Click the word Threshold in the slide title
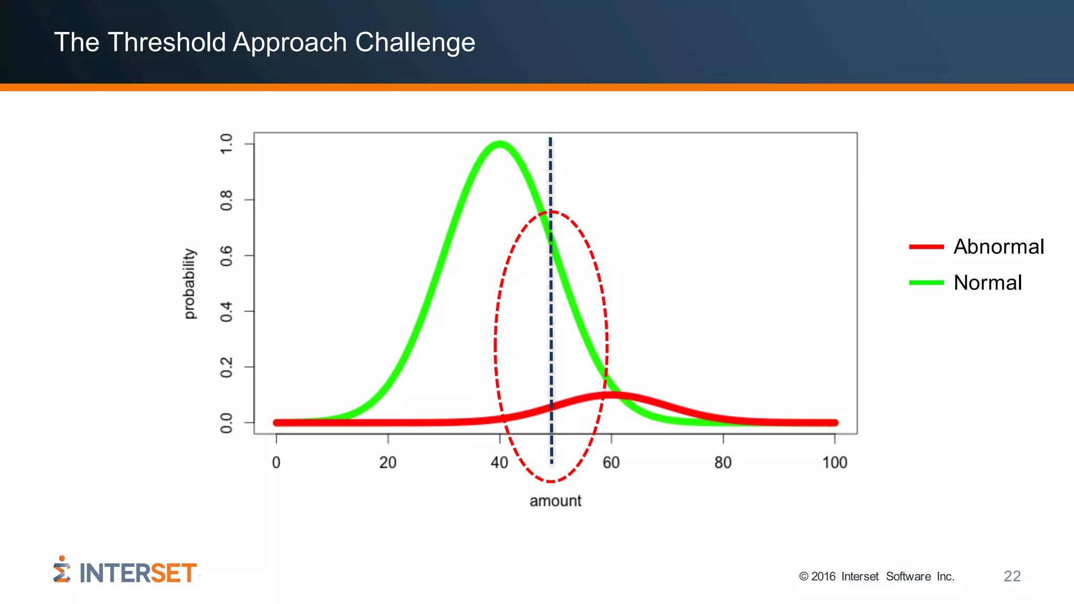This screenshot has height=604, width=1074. (166, 42)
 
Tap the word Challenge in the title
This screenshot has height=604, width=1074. (415, 43)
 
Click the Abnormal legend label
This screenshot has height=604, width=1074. (998, 246)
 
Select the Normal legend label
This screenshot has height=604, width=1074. (987, 283)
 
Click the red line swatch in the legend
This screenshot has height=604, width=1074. (926, 246)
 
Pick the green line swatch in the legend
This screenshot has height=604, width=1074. (926, 283)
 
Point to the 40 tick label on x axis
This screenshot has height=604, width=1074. (499, 462)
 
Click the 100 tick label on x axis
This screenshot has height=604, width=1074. (834, 462)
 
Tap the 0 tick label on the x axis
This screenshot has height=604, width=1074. (276, 462)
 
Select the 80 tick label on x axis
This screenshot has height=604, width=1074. (723, 462)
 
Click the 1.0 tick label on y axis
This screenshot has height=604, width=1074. (226, 144)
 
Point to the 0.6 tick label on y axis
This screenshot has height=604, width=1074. (226, 256)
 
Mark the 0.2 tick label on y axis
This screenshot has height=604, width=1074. (226, 367)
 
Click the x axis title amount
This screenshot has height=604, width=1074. (555, 501)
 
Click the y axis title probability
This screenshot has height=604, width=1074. (189, 284)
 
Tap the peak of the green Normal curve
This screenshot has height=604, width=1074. (499, 144)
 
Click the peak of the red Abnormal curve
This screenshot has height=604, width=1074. (611, 395)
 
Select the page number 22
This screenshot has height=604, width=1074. (1012, 576)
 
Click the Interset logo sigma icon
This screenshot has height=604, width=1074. (61, 570)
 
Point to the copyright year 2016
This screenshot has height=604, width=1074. (823, 577)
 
